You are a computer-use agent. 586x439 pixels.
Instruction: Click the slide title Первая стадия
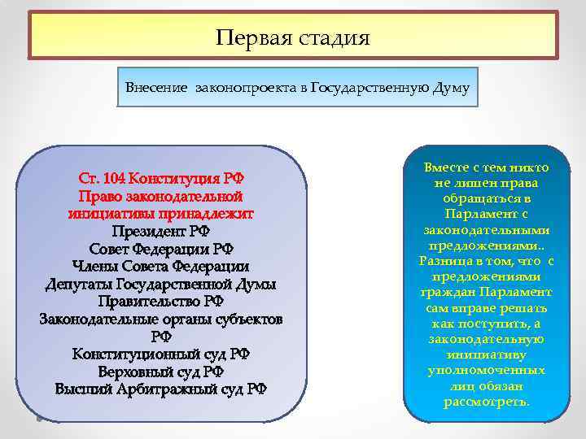point(293,37)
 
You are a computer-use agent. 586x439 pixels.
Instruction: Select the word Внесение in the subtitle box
point(157,87)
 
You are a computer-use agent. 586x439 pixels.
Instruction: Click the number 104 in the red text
point(114,178)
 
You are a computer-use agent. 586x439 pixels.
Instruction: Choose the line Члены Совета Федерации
point(160,267)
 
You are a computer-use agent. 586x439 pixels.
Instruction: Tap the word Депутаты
point(79,284)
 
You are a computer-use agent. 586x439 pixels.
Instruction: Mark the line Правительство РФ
point(160,302)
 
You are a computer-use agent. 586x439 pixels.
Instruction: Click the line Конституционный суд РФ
point(160,354)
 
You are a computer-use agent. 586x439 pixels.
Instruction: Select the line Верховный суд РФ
point(160,372)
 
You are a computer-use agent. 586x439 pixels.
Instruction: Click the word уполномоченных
point(487,371)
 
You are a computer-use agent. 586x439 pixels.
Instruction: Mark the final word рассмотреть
point(487,402)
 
